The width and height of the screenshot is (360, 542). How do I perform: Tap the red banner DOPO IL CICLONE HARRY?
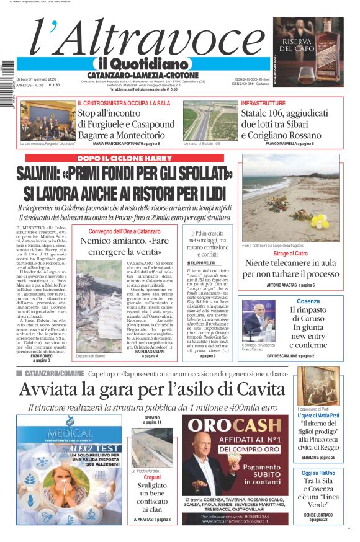(x=125, y=158)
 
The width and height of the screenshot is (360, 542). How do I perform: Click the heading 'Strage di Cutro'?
(x=290, y=254)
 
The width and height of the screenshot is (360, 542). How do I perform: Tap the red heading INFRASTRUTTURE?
(x=263, y=102)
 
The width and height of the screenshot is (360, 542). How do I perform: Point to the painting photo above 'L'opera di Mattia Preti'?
(x=317, y=386)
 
